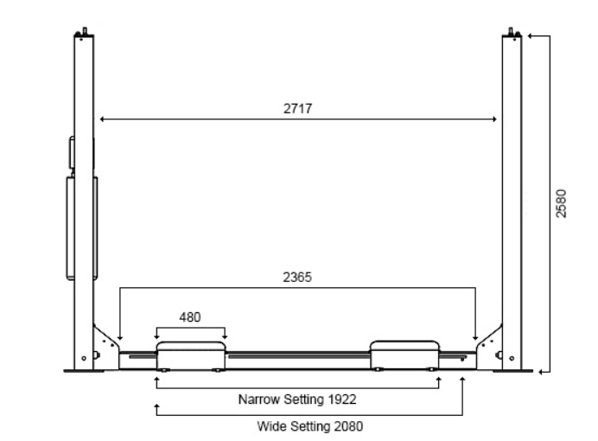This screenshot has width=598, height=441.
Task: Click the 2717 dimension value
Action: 297,109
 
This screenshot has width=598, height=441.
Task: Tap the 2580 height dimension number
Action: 561,203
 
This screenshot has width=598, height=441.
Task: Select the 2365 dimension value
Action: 297,277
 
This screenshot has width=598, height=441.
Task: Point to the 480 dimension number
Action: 190,317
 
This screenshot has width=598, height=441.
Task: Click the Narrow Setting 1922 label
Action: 297,399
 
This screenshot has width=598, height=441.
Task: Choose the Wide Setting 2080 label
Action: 310,426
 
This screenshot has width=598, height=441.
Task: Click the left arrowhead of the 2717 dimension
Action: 102,119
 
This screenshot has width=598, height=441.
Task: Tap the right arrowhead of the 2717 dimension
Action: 494,119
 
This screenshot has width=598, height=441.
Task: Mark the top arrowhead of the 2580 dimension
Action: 530,35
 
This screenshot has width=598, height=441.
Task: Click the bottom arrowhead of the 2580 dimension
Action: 540,372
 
